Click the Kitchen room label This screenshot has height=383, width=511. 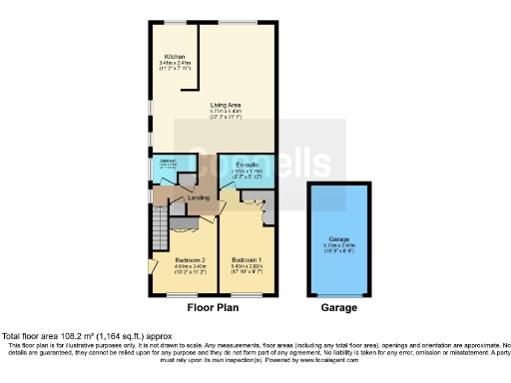174,56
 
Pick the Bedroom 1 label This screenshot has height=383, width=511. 247,259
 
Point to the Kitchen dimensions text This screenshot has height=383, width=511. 174,66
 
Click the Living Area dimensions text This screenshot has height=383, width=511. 226,113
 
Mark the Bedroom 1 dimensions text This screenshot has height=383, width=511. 247,269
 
